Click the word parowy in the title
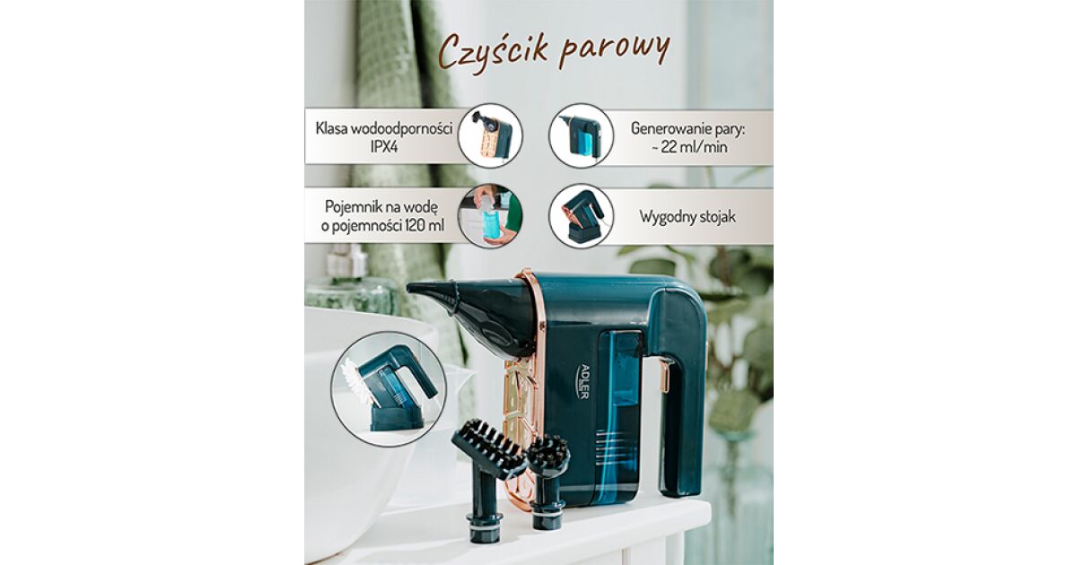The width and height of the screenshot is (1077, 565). tap(615, 52)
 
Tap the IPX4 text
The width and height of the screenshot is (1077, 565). tap(383, 146)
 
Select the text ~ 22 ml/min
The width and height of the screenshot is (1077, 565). tap(688, 146)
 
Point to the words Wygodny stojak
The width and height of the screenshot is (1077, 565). tap(687, 217)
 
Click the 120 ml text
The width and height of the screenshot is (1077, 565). tap(425, 226)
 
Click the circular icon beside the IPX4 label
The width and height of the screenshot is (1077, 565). tap(489, 135)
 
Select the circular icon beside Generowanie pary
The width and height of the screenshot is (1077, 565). tap(582, 135)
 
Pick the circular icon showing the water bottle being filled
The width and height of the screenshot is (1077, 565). tap(489, 216)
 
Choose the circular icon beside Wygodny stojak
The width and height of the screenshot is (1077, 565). tap(582, 216)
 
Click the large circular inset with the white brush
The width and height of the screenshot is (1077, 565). tap(389, 389)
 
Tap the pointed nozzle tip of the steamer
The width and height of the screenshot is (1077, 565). tap(409, 288)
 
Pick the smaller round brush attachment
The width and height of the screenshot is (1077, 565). tap(547, 482)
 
